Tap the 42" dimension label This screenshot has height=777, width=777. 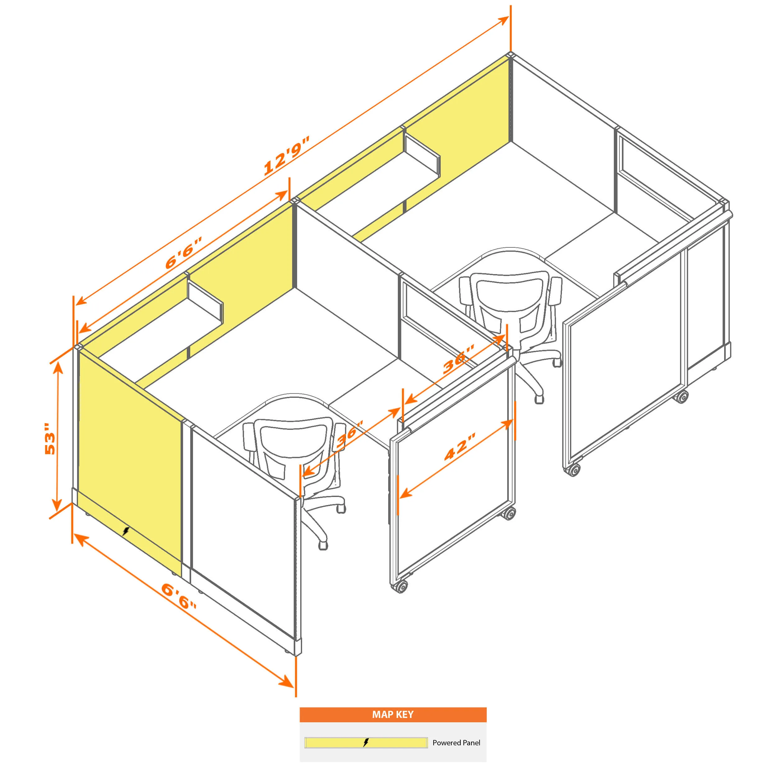click(x=460, y=447)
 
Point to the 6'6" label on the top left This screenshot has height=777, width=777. click(x=183, y=253)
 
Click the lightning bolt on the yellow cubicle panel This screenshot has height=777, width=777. click(x=126, y=531)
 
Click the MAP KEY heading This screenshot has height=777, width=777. click(x=393, y=714)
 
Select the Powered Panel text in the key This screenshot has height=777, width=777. click(x=456, y=743)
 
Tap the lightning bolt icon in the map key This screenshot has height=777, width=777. click(x=366, y=743)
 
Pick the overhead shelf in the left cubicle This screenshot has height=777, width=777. click(x=205, y=301)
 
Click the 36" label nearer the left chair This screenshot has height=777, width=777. click(x=349, y=434)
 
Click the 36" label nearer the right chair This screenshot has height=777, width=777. click(x=459, y=359)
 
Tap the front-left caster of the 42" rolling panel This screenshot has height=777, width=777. click(x=400, y=586)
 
